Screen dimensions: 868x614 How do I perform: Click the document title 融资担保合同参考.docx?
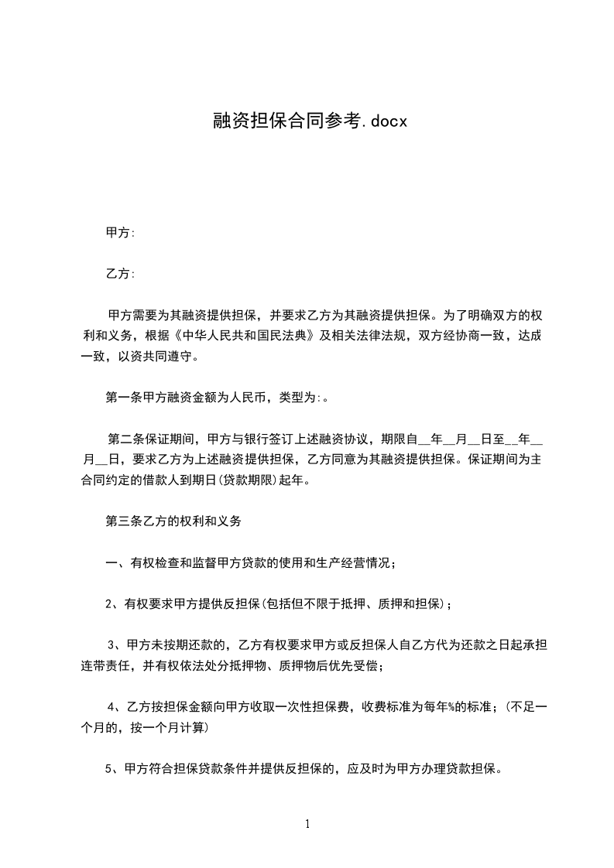pos(307,121)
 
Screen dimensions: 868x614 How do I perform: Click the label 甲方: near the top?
pos(120,232)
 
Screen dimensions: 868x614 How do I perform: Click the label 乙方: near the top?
pos(120,274)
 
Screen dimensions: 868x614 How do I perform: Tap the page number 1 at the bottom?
pos(307,824)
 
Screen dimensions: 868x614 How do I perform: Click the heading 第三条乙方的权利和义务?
pos(173,521)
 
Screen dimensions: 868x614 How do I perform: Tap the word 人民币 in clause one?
pos(248,398)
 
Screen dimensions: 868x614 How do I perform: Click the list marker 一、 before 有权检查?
pos(112,563)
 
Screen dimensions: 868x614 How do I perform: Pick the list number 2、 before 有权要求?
pos(113,604)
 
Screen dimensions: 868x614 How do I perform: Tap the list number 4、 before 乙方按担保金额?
pos(116,707)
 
